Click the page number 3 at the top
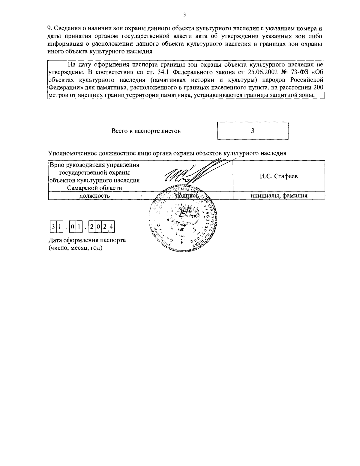[x=184, y=15]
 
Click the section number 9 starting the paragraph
[x=49, y=29]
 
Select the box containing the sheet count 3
[x=253, y=131]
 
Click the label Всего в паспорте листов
[x=146, y=131]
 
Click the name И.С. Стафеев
[x=279, y=176]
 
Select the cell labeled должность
[x=94, y=196]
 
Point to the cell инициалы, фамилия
[x=279, y=196]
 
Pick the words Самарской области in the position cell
[x=94, y=188]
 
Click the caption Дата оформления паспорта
[x=87, y=240]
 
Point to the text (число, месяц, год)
[x=75, y=248]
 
